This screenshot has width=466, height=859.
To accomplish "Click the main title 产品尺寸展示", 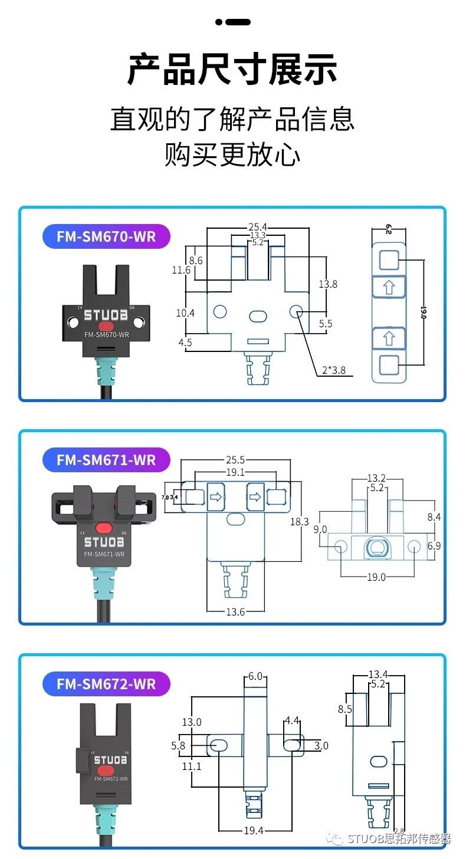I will tap(232, 70).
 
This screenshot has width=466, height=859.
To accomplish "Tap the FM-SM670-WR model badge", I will tap(106, 236).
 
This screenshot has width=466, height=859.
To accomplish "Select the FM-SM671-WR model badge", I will tap(106, 460).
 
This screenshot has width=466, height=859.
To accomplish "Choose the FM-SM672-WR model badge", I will tap(106, 684).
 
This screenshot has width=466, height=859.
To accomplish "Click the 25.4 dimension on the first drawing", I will tap(258, 226).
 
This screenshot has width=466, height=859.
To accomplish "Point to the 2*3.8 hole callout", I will tap(333, 371).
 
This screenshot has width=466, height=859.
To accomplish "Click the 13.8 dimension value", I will tap(328, 284).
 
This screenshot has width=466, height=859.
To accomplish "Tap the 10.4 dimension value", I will tap(185, 313).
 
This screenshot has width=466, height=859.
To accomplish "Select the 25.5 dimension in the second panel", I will tap(235, 460).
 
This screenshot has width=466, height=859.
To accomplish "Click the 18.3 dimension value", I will tap(299, 522).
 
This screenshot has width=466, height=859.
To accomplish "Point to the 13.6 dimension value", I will tap(235, 611).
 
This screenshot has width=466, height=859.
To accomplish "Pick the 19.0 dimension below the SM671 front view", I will tap(376, 577).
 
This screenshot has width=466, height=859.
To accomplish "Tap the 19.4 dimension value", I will tap(254, 830).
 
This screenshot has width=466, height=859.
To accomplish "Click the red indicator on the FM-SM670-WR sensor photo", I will tap(106, 326).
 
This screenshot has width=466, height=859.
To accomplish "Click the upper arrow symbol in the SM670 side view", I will tap(388, 288).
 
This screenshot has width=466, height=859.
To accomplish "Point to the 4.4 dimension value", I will tap(292, 720).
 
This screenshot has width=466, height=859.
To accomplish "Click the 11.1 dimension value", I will tap(192, 766).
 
